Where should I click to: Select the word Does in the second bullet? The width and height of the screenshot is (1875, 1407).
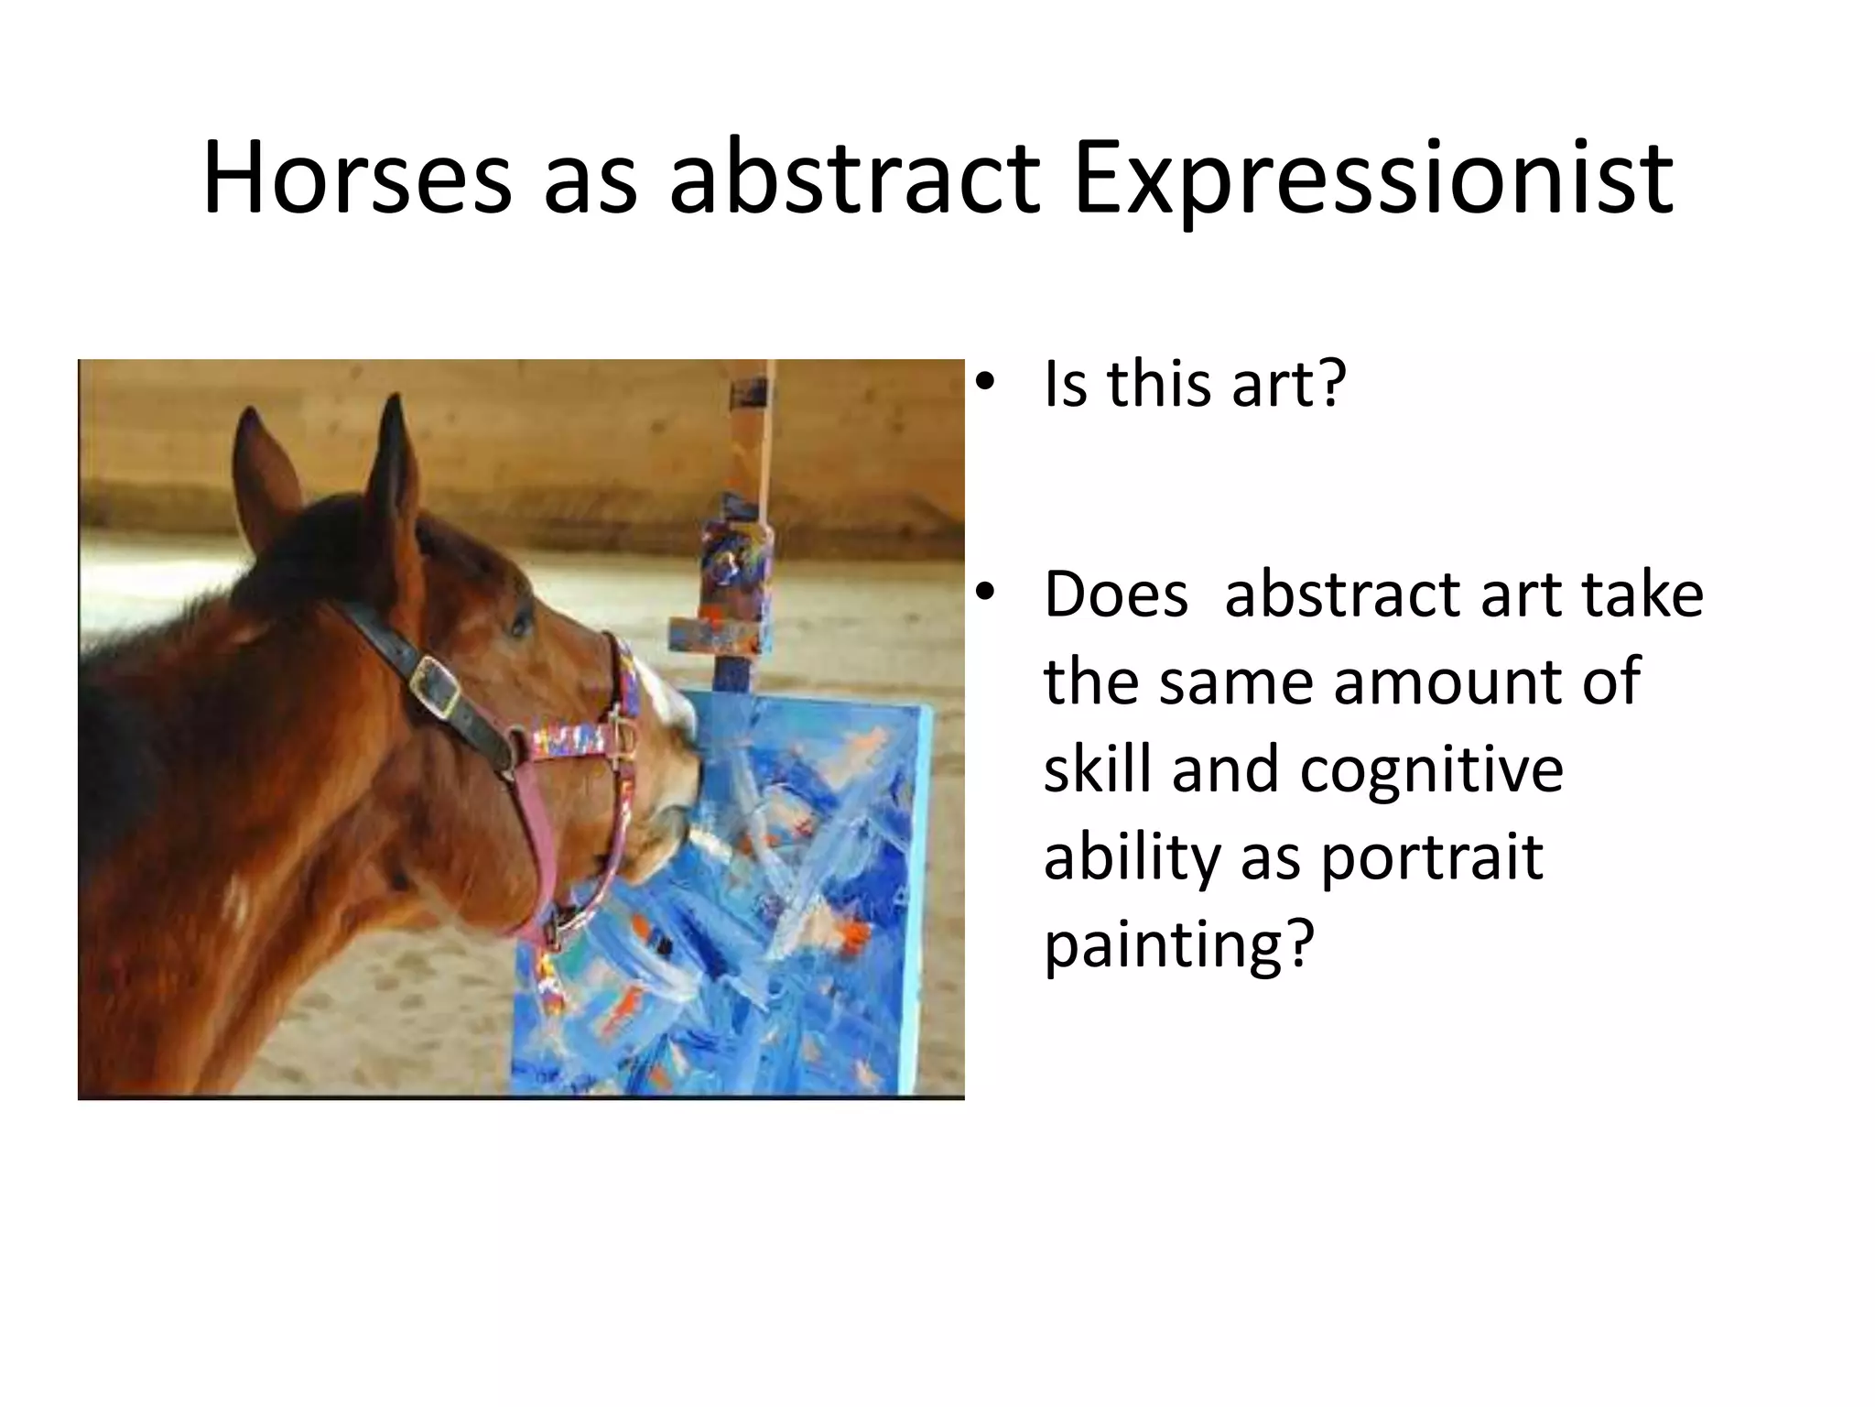(x=1116, y=594)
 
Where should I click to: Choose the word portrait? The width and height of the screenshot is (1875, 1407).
(x=1432, y=857)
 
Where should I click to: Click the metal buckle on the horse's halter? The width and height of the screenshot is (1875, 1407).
(x=436, y=684)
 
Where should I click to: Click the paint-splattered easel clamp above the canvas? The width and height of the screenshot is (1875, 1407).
(x=732, y=550)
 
